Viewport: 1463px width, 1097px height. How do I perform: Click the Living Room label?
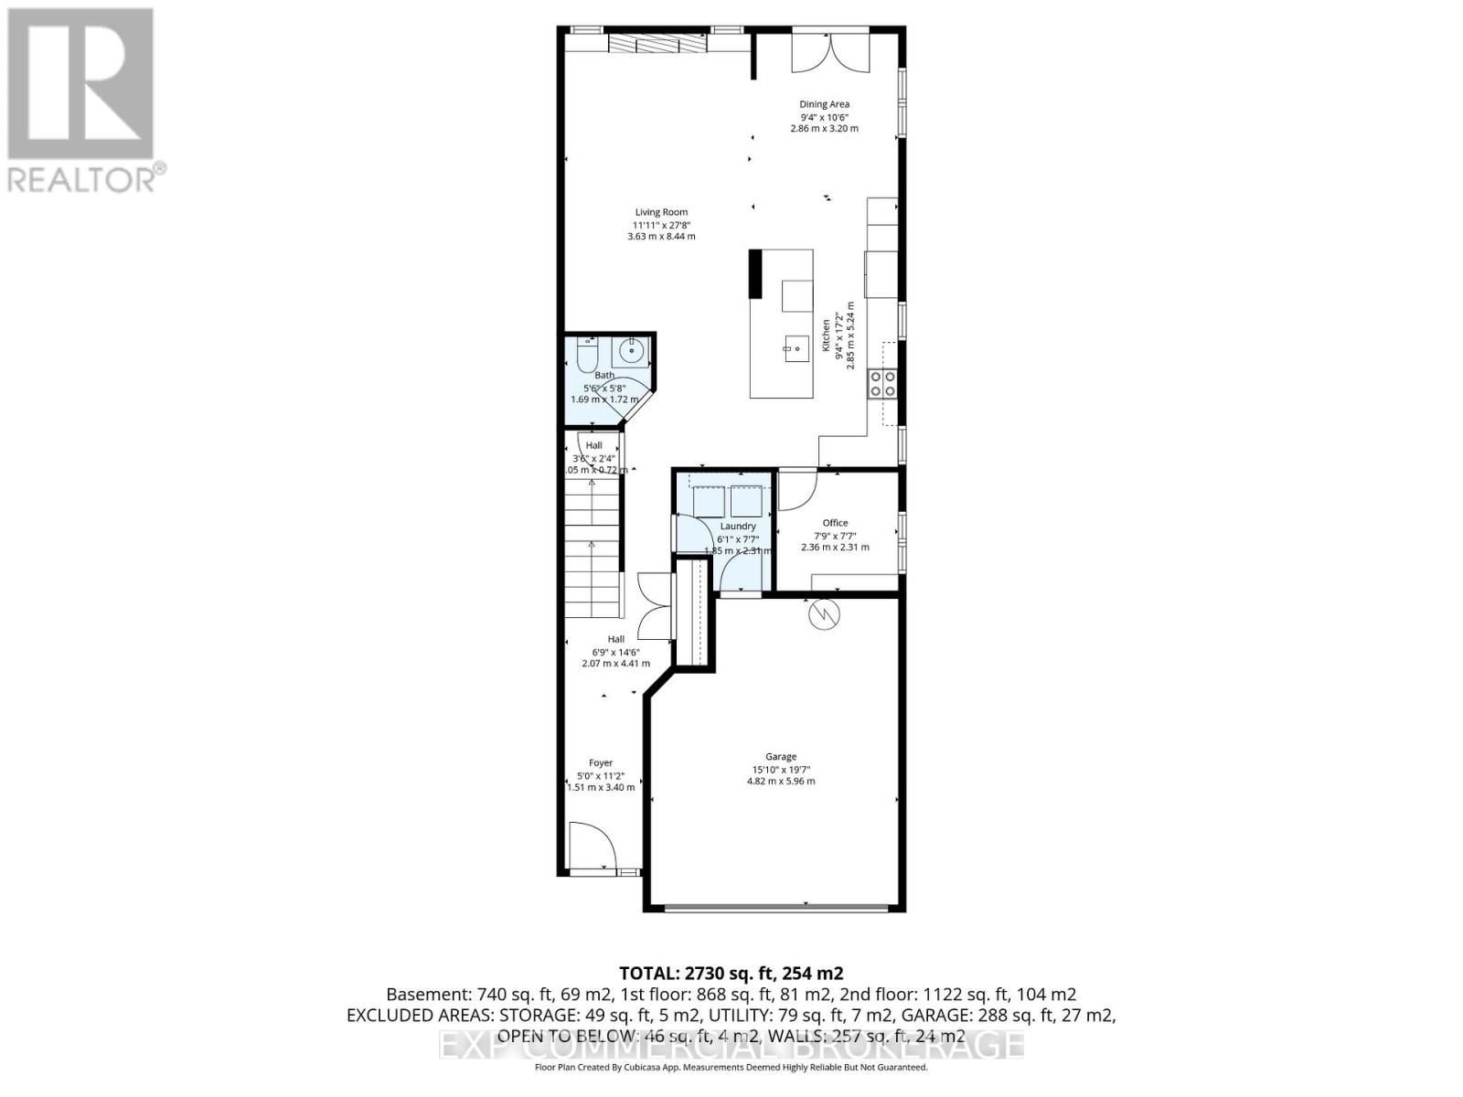(661, 212)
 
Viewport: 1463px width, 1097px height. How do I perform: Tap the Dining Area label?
(824, 104)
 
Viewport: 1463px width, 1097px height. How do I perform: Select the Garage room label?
(781, 756)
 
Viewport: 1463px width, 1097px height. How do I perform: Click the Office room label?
(835, 523)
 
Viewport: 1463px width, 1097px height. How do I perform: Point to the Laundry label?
(738, 527)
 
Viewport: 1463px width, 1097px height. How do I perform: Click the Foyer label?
(601, 762)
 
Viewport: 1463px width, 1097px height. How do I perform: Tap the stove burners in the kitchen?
(882, 383)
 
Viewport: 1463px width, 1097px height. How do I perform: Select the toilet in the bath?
(587, 355)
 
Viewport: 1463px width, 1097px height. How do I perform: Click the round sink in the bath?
(632, 349)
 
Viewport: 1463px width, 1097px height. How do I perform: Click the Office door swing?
(797, 490)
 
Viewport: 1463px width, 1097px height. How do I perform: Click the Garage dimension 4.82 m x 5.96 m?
(781, 782)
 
